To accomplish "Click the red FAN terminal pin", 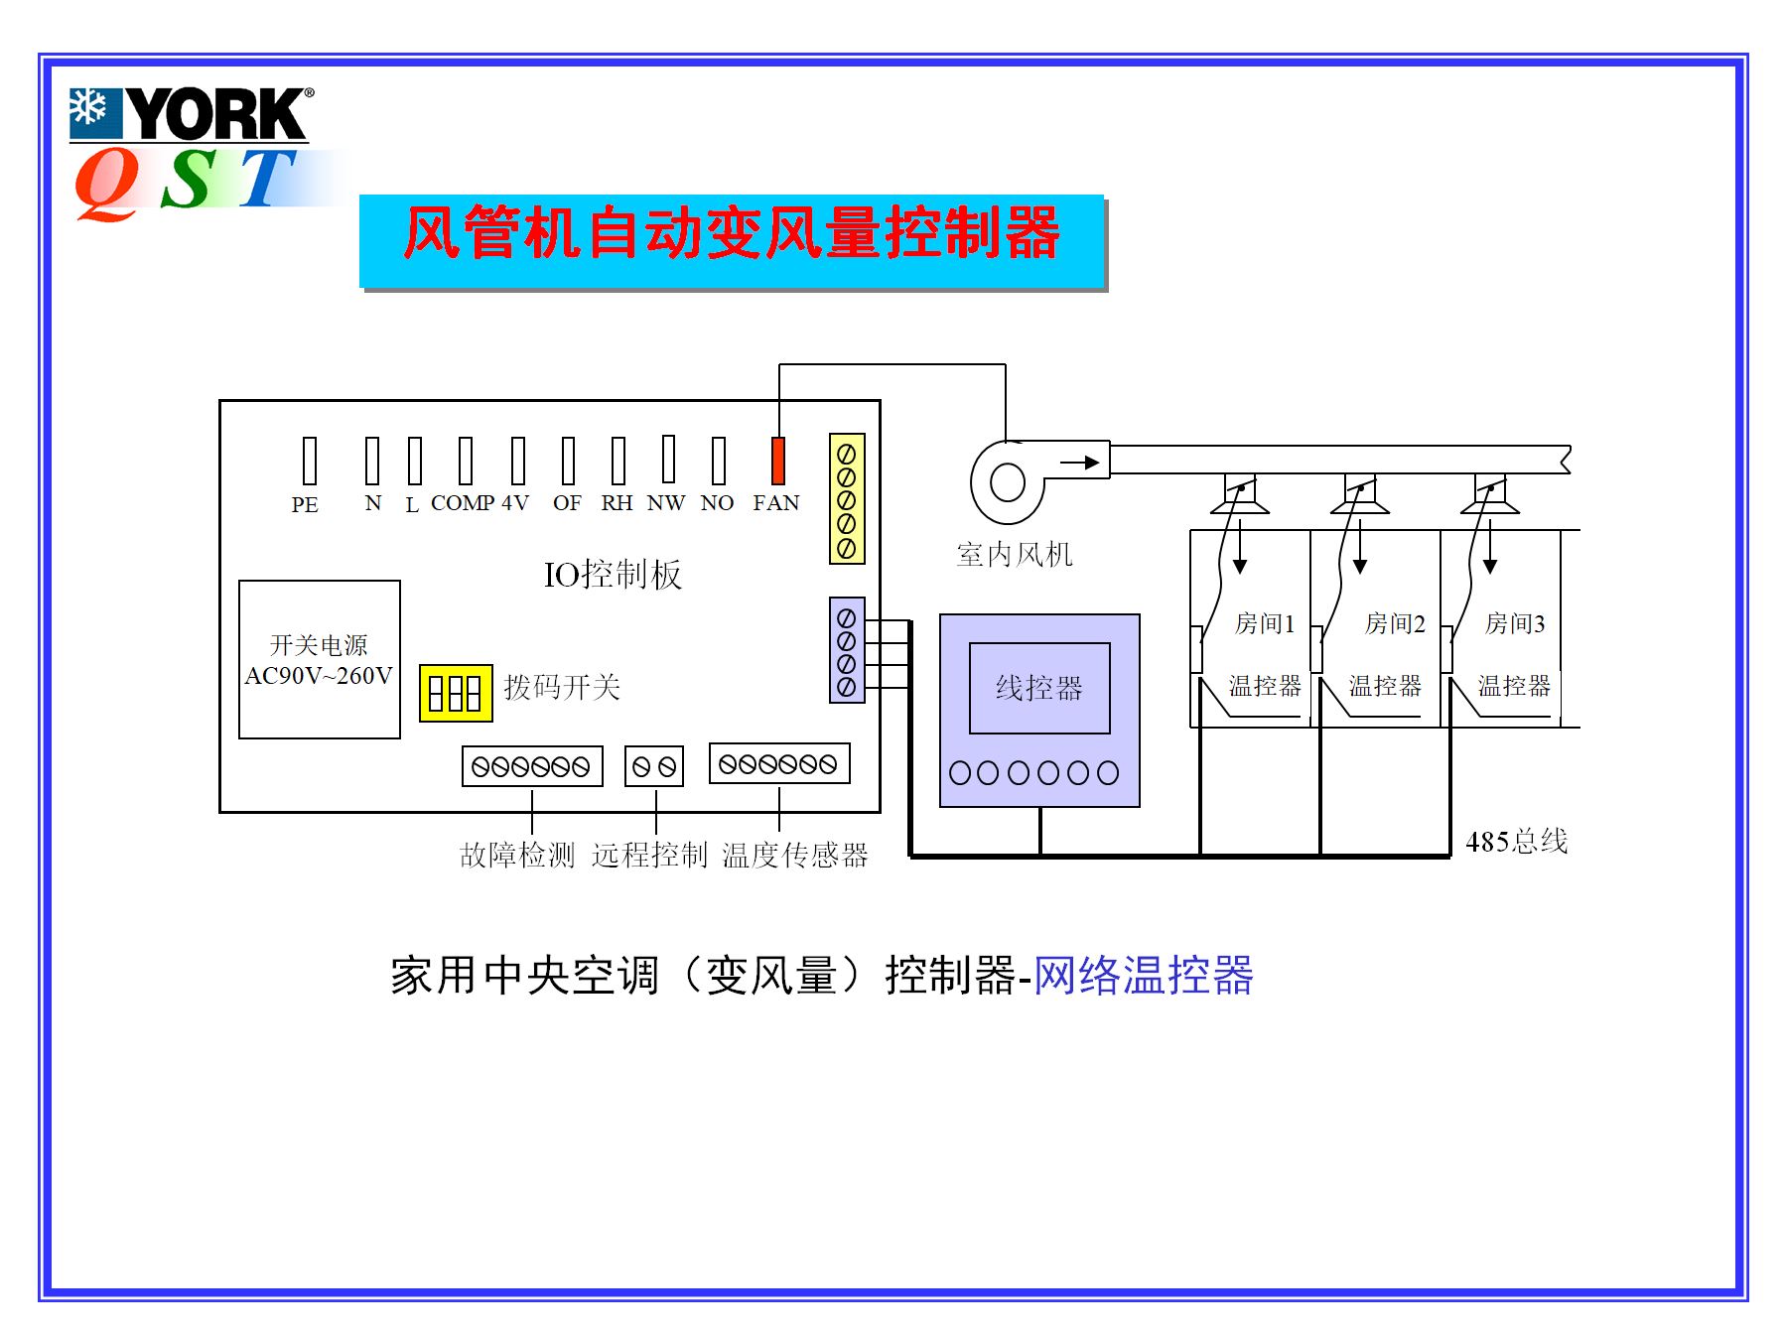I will [x=778, y=461].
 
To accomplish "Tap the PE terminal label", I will [x=305, y=504].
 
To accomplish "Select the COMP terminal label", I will [x=462, y=503].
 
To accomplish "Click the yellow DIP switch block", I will [x=456, y=693].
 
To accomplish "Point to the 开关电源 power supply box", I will [x=320, y=659].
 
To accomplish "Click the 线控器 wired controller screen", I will [x=1039, y=688].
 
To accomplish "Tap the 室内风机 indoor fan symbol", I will [x=1008, y=482].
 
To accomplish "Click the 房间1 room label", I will [x=1264, y=623].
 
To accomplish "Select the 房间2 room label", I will [x=1394, y=623].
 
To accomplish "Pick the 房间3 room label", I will [x=1514, y=623].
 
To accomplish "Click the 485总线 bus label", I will [x=1516, y=842].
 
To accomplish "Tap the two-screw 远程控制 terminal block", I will [x=654, y=766].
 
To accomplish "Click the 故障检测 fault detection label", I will [x=517, y=855].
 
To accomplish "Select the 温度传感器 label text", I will [x=794, y=855].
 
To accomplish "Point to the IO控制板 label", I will [x=613, y=575].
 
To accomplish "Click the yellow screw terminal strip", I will [x=847, y=499].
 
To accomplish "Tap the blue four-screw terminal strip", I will [x=847, y=651].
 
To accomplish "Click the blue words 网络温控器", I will [x=1144, y=976].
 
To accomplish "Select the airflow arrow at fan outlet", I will [x=1079, y=463].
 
